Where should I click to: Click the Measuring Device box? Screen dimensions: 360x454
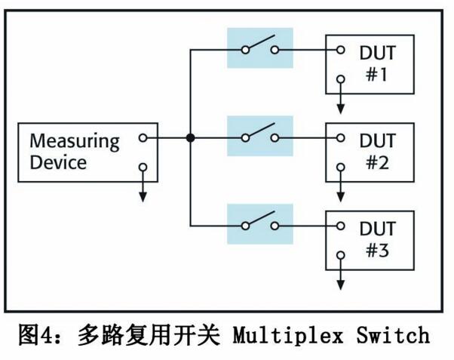(88, 152)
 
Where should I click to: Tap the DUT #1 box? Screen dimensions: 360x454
(370, 63)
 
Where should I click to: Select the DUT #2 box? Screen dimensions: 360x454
(370, 151)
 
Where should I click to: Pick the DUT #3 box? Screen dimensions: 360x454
(370, 239)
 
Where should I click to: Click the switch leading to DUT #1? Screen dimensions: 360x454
(259, 48)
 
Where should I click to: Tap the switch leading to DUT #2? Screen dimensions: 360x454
(259, 136)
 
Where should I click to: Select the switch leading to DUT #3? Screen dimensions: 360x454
(259, 223)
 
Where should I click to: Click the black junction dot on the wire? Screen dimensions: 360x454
(191, 138)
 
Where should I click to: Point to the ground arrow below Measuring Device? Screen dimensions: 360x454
(143, 193)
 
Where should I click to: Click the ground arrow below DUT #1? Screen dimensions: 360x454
(341, 104)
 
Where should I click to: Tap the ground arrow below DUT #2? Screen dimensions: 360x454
(341, 192)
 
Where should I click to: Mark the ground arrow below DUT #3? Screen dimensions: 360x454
(341, 281)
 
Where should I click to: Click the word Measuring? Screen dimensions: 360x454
(75, 141)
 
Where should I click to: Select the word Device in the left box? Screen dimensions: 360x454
(58, 162)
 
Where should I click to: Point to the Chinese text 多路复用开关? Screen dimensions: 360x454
(149, 334)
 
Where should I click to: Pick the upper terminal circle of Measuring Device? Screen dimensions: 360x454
(143, 138)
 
